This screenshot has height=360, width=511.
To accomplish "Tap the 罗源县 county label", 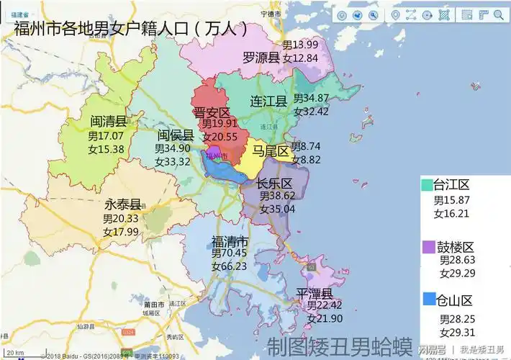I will pos(261,58).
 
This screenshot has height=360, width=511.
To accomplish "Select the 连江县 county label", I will pos(268,102).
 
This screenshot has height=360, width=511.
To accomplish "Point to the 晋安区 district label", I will pos(212,113).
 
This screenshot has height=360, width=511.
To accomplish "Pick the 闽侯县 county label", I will pos(176,135).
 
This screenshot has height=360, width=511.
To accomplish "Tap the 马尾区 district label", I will pos(271,151).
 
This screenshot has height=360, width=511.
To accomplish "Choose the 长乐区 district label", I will pos(274,183).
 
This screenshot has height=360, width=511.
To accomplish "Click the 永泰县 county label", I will pos(122,204).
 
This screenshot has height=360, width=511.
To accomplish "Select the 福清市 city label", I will pos(230,240).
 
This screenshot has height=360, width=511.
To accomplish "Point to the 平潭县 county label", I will pos(314,294).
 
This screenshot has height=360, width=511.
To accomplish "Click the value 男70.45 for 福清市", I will pos(229,253).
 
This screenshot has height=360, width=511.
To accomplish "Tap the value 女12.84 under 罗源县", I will pos(300,58).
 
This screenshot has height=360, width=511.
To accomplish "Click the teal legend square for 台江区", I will pos(428,184).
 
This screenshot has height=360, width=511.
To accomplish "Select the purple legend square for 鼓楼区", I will pos(428,247).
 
